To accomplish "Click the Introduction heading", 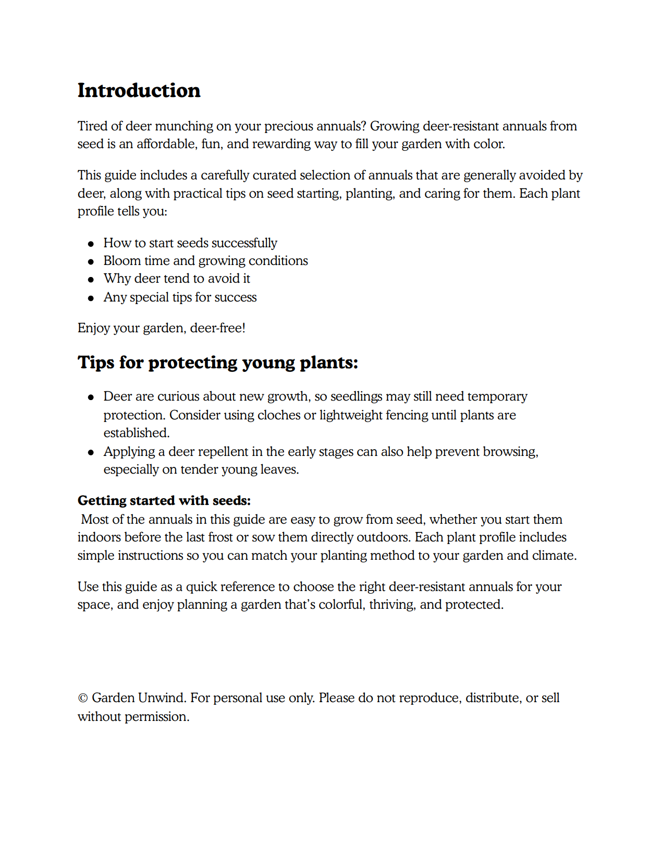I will point(139,90).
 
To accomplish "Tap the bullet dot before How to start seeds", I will point(91,244).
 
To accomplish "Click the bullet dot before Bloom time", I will point(91,261).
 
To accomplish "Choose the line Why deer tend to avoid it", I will point(177,279).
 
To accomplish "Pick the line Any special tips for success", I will point(180,297).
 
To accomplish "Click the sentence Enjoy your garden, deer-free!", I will point(162,328).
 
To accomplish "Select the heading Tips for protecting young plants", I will point(218,363).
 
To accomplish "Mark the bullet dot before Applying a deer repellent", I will point(91,452).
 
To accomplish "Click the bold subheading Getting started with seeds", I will point(164,501).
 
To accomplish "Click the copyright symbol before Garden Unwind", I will point(82,698).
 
